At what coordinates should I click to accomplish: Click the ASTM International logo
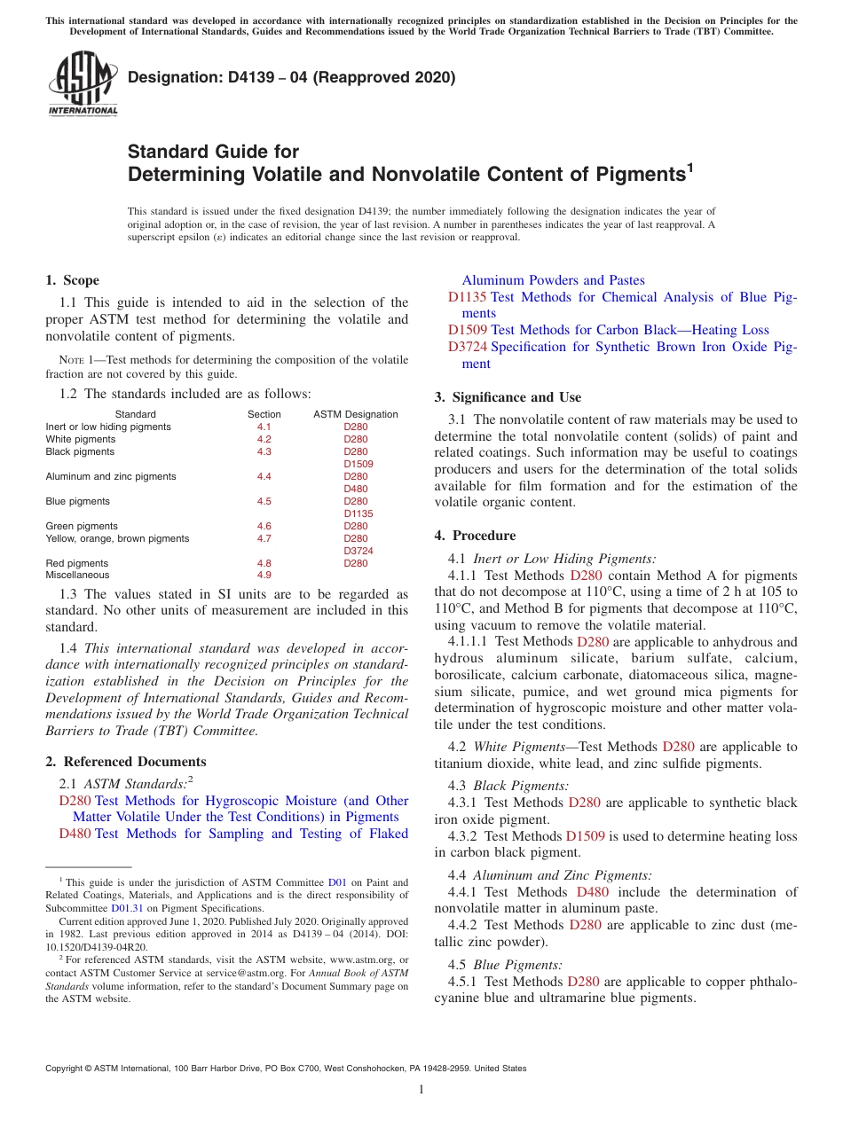click(83, 82)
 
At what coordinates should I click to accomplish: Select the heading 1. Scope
click(72, 280)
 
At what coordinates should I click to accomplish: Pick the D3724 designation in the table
click(356, 551)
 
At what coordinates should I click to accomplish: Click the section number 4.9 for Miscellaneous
click(264, 576)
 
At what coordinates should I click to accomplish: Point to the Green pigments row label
click(82, 526)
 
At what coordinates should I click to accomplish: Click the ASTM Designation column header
click(356, 414)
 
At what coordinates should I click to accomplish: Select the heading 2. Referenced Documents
click(125, 762)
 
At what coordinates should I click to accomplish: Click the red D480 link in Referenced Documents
click(75, 834)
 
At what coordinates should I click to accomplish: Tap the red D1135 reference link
click(467, 297)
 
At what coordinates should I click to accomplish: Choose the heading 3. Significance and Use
click(508, 397)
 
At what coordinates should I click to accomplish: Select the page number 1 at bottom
click(421, 1089)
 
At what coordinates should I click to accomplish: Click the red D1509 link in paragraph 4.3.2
click(582, 836)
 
